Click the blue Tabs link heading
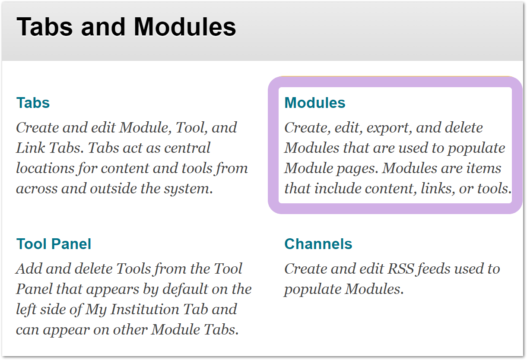[33, 103]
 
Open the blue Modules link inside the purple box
[315, 103]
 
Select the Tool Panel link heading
[54, 243]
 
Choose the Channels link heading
[318, 243]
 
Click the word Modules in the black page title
[185, 27]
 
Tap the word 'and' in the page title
[103, 27]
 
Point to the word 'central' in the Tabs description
[187, 148]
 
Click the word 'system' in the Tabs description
[188, 189]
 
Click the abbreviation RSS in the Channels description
[401, 268]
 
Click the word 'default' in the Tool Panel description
[185, 289]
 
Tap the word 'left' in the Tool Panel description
[26, 309]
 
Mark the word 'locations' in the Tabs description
[45, 168]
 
